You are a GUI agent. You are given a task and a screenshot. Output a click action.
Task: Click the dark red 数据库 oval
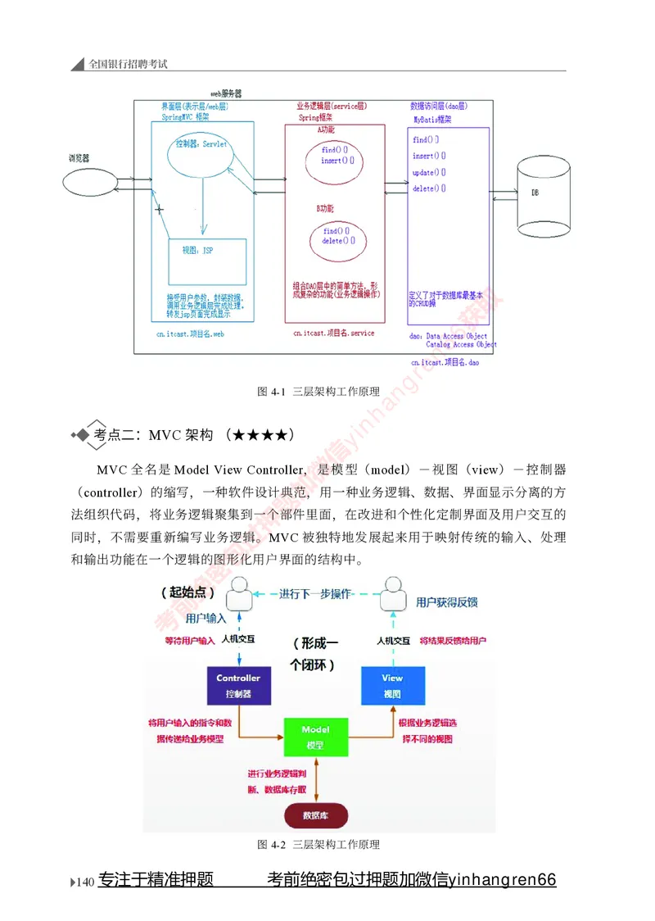point(315,815)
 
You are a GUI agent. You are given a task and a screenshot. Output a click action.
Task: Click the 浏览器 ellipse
point(87,179)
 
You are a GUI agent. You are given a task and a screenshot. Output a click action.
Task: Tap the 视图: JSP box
point(207,260)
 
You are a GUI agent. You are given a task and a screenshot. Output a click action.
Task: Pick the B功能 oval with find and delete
point(337,236)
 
